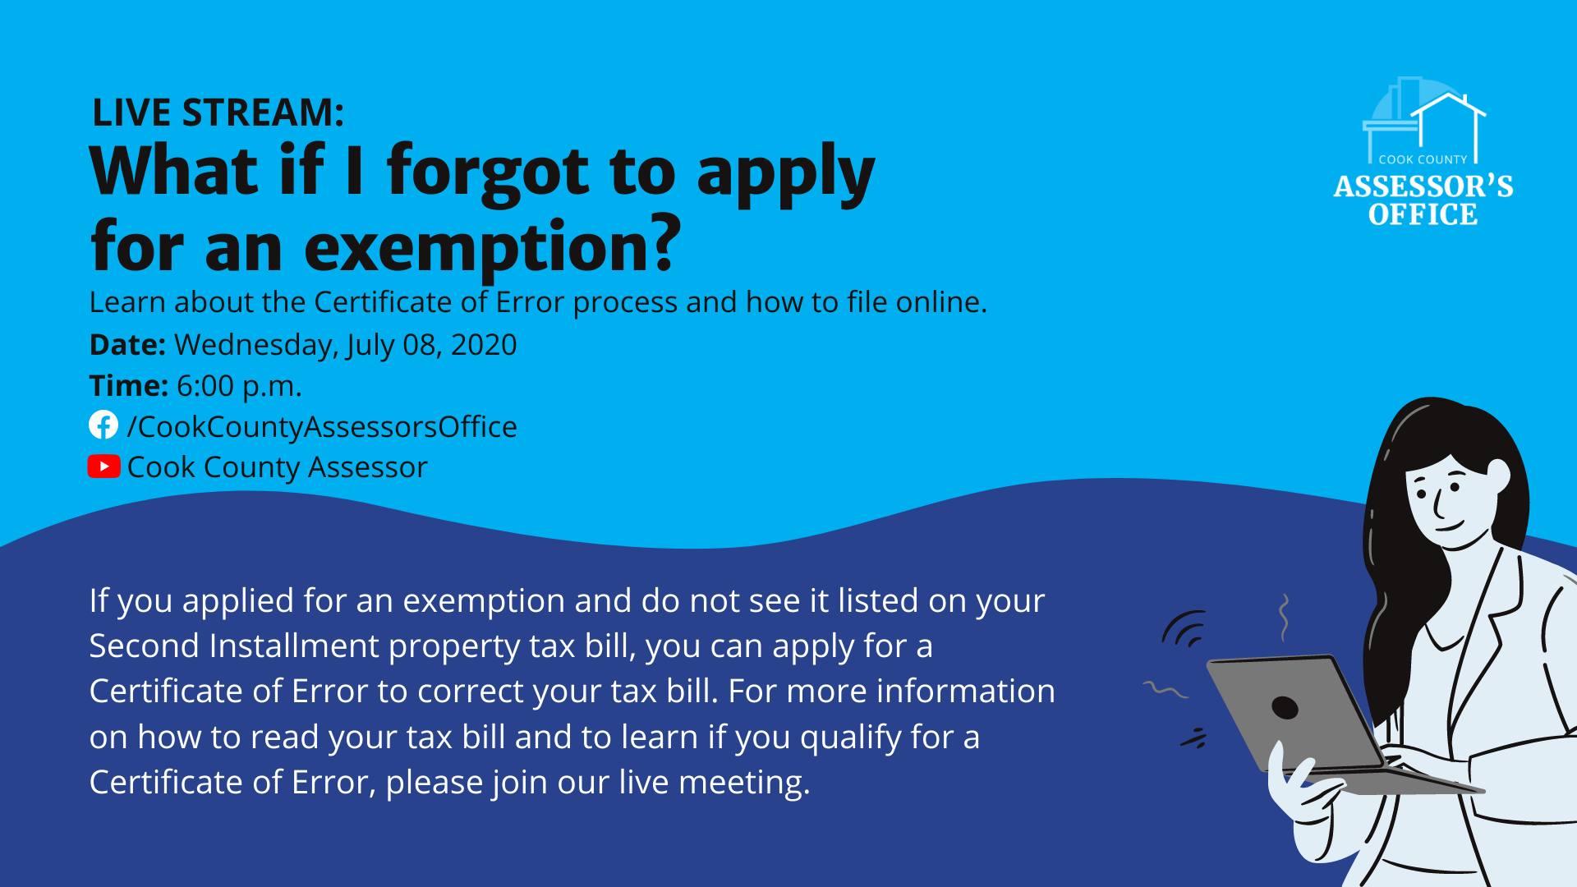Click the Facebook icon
(x=103, y=425)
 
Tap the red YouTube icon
(x=104, y=466)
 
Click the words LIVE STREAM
(x=218, y=113)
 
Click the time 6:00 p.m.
(x=239, y=385)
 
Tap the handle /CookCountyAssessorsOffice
(x=322, y=427)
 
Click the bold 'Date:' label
(x=128, y=344)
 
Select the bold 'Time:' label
(x=129, y=385)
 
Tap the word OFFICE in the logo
(x=1423, y=214)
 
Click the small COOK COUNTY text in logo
(x=1423, y=159)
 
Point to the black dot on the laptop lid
(x=1285, y=707)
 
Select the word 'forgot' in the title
(x=489, y=172)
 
